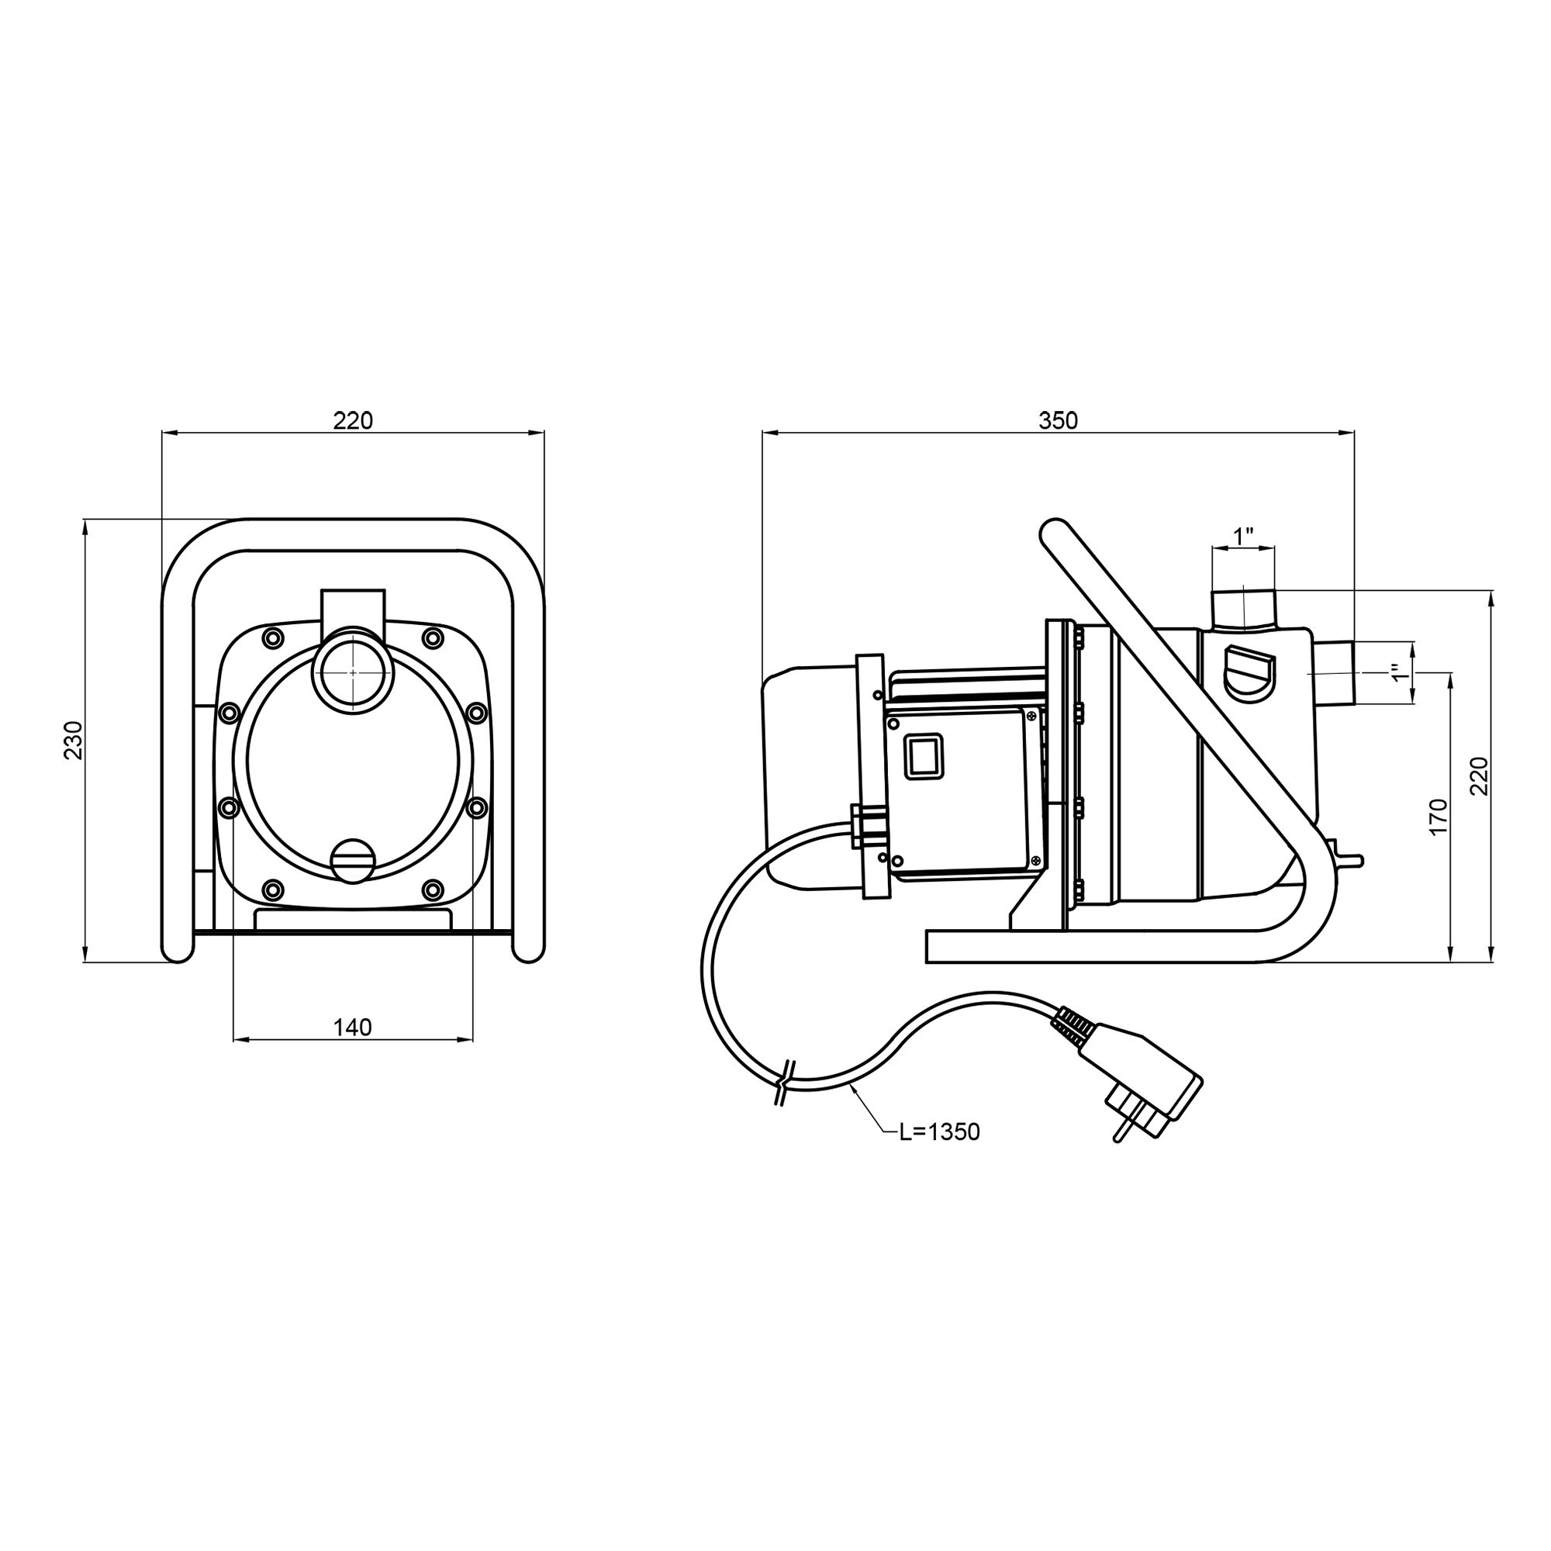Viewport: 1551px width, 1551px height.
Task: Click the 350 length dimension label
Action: [1058, 420]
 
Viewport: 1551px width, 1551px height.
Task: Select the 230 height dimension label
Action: [74, 740]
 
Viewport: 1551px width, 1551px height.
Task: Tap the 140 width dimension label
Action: [353, 1027]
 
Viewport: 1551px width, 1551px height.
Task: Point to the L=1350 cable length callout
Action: [939, 1132]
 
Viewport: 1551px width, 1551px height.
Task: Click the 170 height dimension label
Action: [1439, 817]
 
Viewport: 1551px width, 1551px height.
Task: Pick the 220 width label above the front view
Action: [353, 420]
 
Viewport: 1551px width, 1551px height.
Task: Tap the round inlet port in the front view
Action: [353, 671]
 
